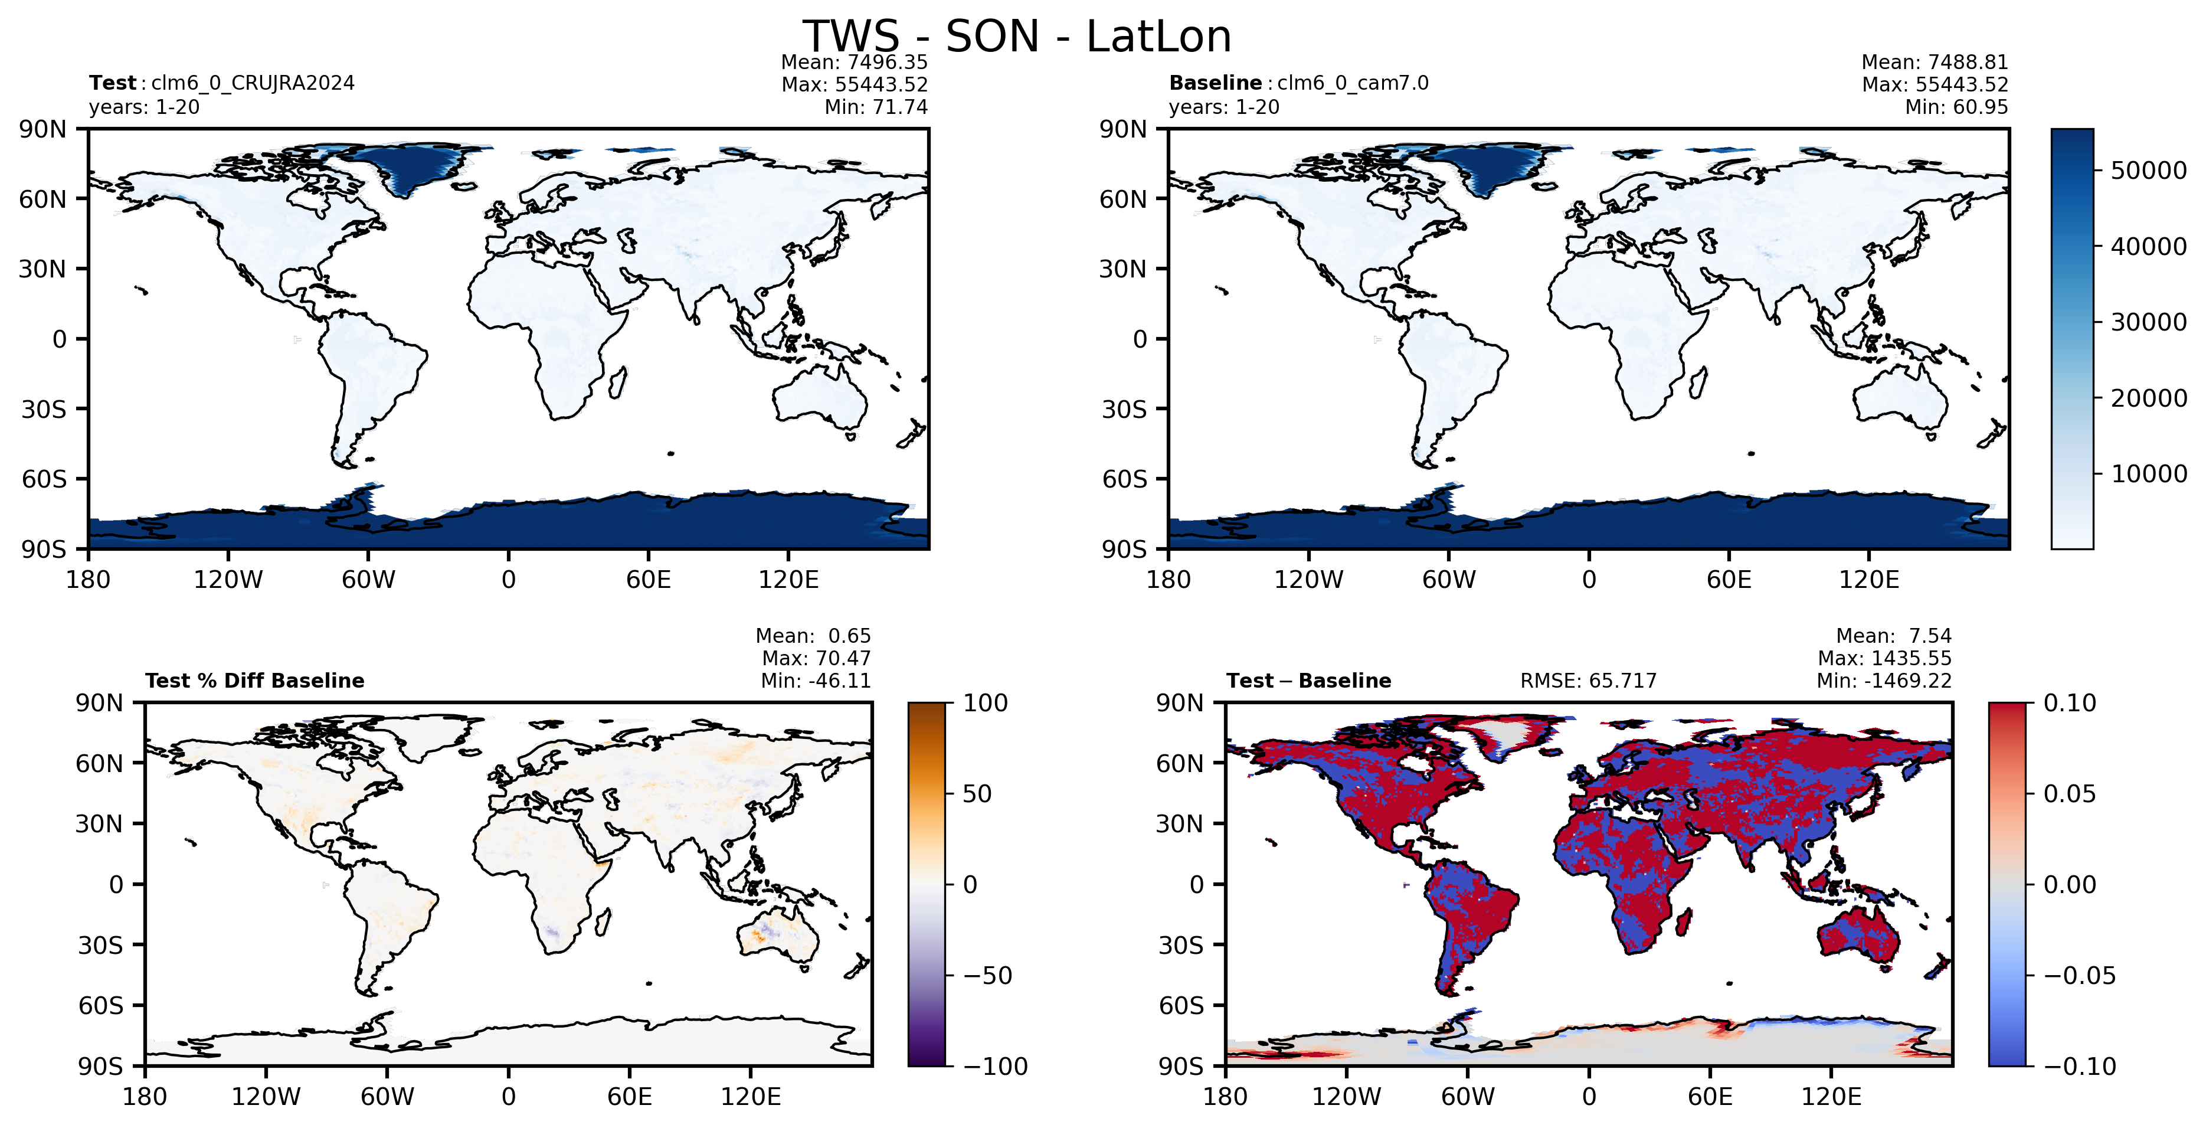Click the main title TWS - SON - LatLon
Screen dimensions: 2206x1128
point(1016,37)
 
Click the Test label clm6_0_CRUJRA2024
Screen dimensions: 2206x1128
point(253,83)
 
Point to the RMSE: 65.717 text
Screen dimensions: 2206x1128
point(1589,681)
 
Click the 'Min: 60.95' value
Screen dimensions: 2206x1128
point(1957,107)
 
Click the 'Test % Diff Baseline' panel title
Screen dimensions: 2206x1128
point(255,681)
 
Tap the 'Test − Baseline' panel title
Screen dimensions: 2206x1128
point(1308,681)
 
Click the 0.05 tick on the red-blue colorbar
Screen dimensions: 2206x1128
point(2070,794)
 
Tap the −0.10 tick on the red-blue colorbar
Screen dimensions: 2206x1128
point(2079,1067)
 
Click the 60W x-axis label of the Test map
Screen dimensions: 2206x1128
point(368,580)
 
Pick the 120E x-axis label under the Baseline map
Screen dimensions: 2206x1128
point(1868,580)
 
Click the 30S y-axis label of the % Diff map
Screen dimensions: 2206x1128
point(101,946)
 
